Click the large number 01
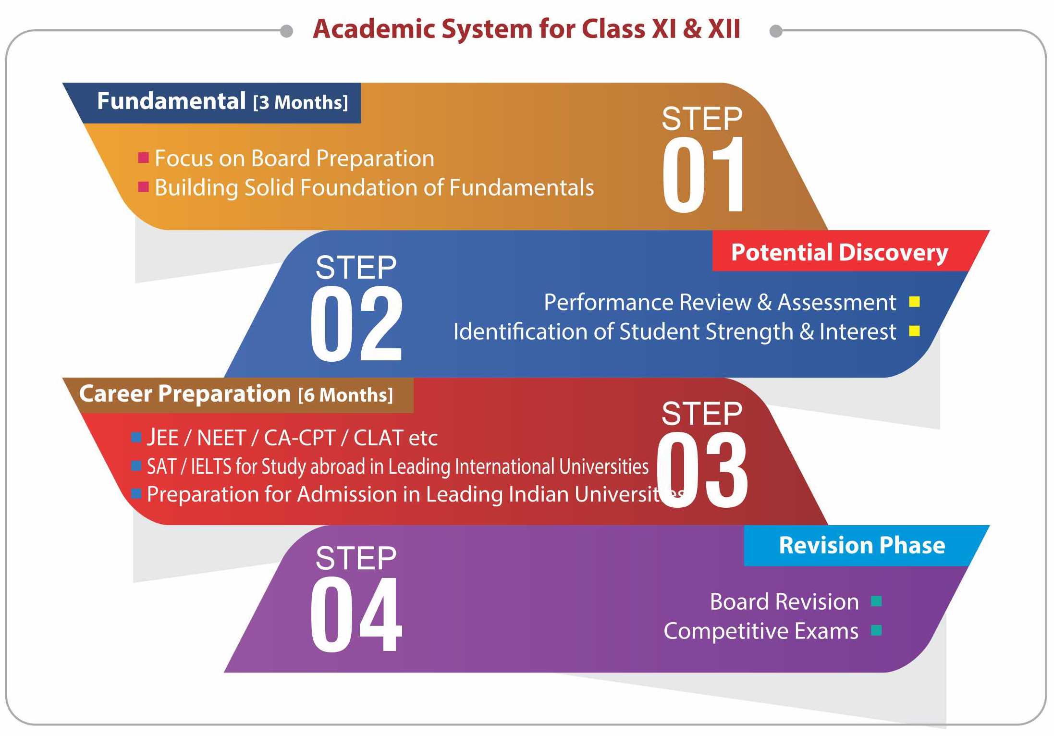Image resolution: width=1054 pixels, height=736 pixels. (703, 174)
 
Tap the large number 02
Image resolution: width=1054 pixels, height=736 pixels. (356, 323)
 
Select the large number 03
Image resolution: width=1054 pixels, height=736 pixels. (702, 469)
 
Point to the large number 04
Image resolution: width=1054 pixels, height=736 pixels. (356, 614)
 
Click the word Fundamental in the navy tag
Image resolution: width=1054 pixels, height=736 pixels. (172, 101)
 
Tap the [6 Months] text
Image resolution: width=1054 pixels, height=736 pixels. (345, 395)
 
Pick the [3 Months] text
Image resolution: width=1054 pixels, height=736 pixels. (301, 102)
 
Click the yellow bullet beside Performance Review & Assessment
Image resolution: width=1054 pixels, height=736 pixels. (914, 302)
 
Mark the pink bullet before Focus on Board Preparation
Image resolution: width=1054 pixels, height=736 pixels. (143, 158)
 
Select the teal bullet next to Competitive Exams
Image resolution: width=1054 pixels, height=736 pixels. (876, 630)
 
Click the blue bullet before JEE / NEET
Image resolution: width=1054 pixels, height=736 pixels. (136, 437)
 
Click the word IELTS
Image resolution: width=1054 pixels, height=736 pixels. (211, 466)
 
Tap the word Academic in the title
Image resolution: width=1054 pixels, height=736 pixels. (374, 29)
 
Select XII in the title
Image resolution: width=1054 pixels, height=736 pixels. (724, 29)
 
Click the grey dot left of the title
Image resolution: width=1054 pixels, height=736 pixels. (287, 31)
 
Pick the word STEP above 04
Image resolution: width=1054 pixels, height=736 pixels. (356, 558)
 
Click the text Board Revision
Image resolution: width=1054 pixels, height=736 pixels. (784, 601)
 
